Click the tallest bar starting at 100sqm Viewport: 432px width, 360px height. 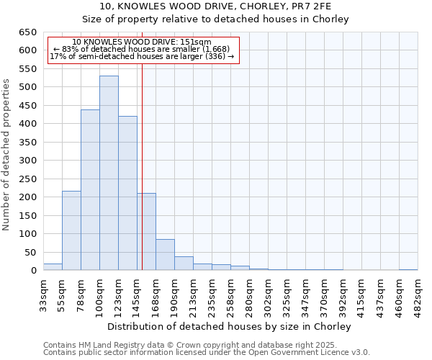tap(109, 173)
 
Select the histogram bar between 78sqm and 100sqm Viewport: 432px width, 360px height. tap(90, 190)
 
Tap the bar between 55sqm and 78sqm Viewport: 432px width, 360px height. tap(71, 230)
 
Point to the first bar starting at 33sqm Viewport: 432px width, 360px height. tap(53, 267)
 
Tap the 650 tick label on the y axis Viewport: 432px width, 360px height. tap(27, 32)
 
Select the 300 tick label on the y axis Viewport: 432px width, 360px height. tap(27, 161)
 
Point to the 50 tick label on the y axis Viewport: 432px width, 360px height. tap(30, 253)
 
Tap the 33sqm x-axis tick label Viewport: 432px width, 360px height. tap(43, 294)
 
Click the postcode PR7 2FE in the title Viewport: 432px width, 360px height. tap(305, 6)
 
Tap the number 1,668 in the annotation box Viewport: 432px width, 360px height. tap(214, 49)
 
